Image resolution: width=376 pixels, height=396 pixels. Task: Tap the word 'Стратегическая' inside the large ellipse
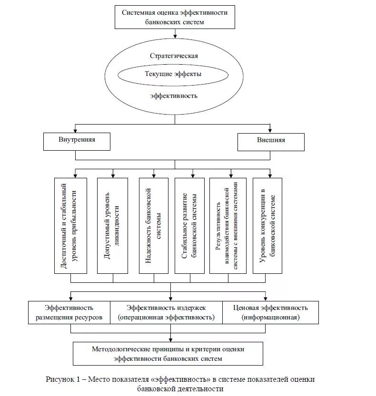click(x=174, y=56)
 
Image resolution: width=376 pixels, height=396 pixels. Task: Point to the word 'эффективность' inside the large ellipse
click(x=174, y=96)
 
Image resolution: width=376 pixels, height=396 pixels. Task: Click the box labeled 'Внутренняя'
click(x=77, y=141)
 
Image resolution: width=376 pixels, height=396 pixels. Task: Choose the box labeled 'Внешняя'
click(x=271, y=141)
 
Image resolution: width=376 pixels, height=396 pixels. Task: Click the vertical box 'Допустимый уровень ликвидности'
click(x=112, y=225)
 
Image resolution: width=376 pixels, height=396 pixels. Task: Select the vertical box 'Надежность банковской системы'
click(x=154, y=225)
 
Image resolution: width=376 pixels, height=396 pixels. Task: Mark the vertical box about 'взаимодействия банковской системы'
click(x=228, y=225)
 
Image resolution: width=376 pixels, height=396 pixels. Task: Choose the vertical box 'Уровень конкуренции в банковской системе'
click(x=267, y=225)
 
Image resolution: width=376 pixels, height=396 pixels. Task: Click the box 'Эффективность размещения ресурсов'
click(x=69, y=312)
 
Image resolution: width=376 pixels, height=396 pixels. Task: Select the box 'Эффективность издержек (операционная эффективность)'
click(x=166, y=312)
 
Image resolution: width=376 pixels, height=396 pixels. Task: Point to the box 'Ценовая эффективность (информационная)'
click(x=270, y=312)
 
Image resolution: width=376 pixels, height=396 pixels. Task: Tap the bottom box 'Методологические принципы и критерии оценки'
click(x=168, y=354)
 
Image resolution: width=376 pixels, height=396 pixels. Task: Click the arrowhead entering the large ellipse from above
click(x=175, y=35)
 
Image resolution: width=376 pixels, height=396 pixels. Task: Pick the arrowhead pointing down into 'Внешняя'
click(x=270, y=130)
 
